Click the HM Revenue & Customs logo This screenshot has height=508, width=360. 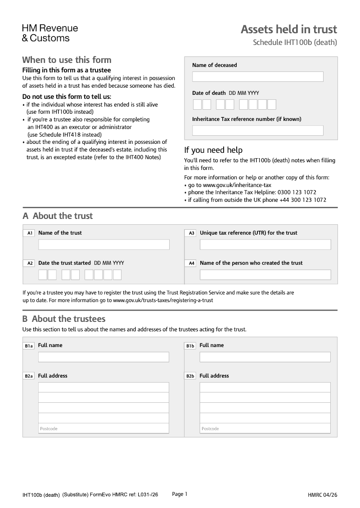(50, 33)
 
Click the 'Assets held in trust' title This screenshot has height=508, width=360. (288, 30)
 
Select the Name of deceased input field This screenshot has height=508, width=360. (257, 77)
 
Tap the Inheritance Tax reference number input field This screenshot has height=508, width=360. (257, 131)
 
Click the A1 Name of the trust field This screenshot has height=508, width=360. (103, 245)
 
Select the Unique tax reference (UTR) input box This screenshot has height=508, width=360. (265, 245)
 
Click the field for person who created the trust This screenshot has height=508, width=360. (265, 275)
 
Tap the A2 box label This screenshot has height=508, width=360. (30, 263)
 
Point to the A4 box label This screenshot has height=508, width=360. (191, 263)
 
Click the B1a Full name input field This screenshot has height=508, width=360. (103, 357)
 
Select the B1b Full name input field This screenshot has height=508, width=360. (265, 357)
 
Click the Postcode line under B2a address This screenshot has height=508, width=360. (103, 428)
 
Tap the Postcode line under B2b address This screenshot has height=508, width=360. (265, 428)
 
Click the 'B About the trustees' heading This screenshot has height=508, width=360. (64, 319)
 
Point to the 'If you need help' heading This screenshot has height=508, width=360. (213, 150)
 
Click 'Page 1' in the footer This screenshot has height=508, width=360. (180, 494)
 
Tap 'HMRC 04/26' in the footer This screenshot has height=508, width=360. (322, 495)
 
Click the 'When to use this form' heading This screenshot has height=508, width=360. (67, 60)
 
